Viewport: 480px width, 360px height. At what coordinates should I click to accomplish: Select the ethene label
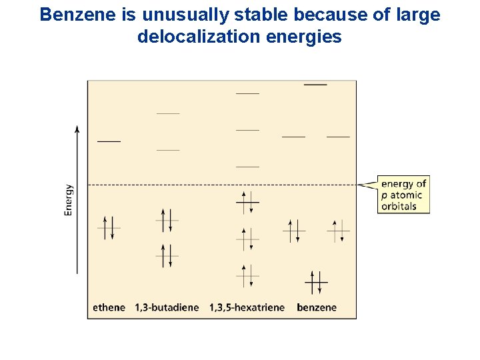point(109,307)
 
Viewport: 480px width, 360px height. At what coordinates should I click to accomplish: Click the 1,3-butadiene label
point(167,307)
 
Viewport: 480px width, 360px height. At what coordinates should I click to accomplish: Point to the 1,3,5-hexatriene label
point(247,307)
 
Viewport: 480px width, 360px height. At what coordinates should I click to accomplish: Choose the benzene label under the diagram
point(317,307)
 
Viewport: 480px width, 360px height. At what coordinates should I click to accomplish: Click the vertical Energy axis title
point(69,200)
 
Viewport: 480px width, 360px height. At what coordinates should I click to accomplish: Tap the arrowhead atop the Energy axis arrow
point(77,129)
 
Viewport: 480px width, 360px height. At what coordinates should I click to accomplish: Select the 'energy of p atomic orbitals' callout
point(403,195)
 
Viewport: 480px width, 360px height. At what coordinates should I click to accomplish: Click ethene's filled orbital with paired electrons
point(109,228)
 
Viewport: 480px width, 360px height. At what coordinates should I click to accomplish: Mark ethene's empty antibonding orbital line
point(109,141)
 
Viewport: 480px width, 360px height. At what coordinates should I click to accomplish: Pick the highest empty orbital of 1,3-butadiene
point(168,114)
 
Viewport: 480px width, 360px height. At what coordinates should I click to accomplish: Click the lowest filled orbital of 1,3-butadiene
point(167,256)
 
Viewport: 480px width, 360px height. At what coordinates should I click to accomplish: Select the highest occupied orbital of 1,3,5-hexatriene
point(247,201)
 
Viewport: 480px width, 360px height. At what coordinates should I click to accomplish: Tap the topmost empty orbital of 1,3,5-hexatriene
point(247,94)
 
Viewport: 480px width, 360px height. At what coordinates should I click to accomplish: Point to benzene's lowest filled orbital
point(316,283)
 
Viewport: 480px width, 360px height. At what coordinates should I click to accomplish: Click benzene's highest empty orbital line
point(315,85)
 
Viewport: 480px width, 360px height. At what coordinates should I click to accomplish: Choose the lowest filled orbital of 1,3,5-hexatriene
point(247,275)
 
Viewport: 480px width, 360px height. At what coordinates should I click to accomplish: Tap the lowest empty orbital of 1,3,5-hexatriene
point(247,167)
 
